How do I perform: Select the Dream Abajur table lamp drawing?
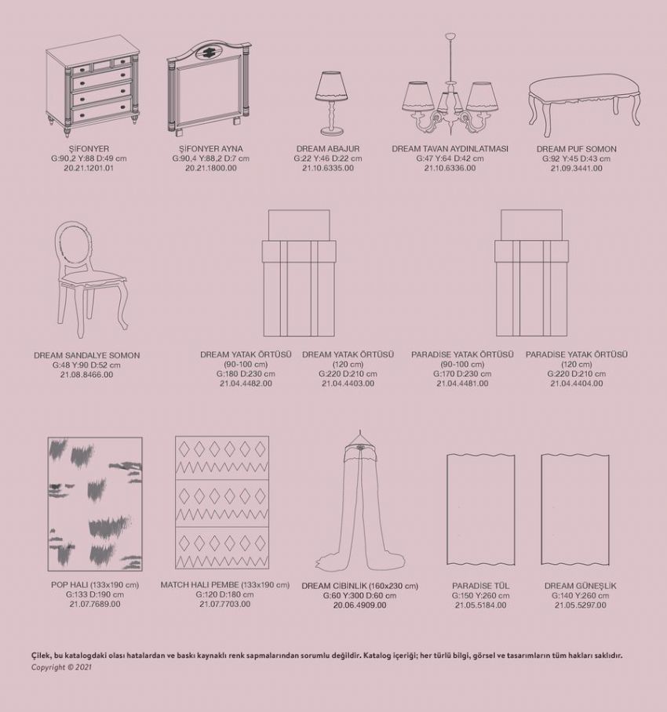point(332,103)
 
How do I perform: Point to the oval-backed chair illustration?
point(90,279)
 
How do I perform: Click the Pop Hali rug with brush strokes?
point(95,504)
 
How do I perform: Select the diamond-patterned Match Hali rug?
point(222,503)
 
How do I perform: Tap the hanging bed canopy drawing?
point(359,500)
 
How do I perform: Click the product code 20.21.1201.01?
point(89,168)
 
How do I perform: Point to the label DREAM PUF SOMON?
point(577,149)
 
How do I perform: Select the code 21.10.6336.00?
point(450,168)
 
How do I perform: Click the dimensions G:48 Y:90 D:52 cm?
point(86,365)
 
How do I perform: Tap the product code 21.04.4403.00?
point(348,383)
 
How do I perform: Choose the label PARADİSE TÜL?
point(481,586)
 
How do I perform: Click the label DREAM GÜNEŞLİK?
point(580,586)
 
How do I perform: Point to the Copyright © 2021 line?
point(61,667)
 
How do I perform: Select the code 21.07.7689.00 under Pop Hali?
point(95,604)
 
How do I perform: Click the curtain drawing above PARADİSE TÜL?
point(481,510)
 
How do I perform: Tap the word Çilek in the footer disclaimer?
point(41,656)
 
